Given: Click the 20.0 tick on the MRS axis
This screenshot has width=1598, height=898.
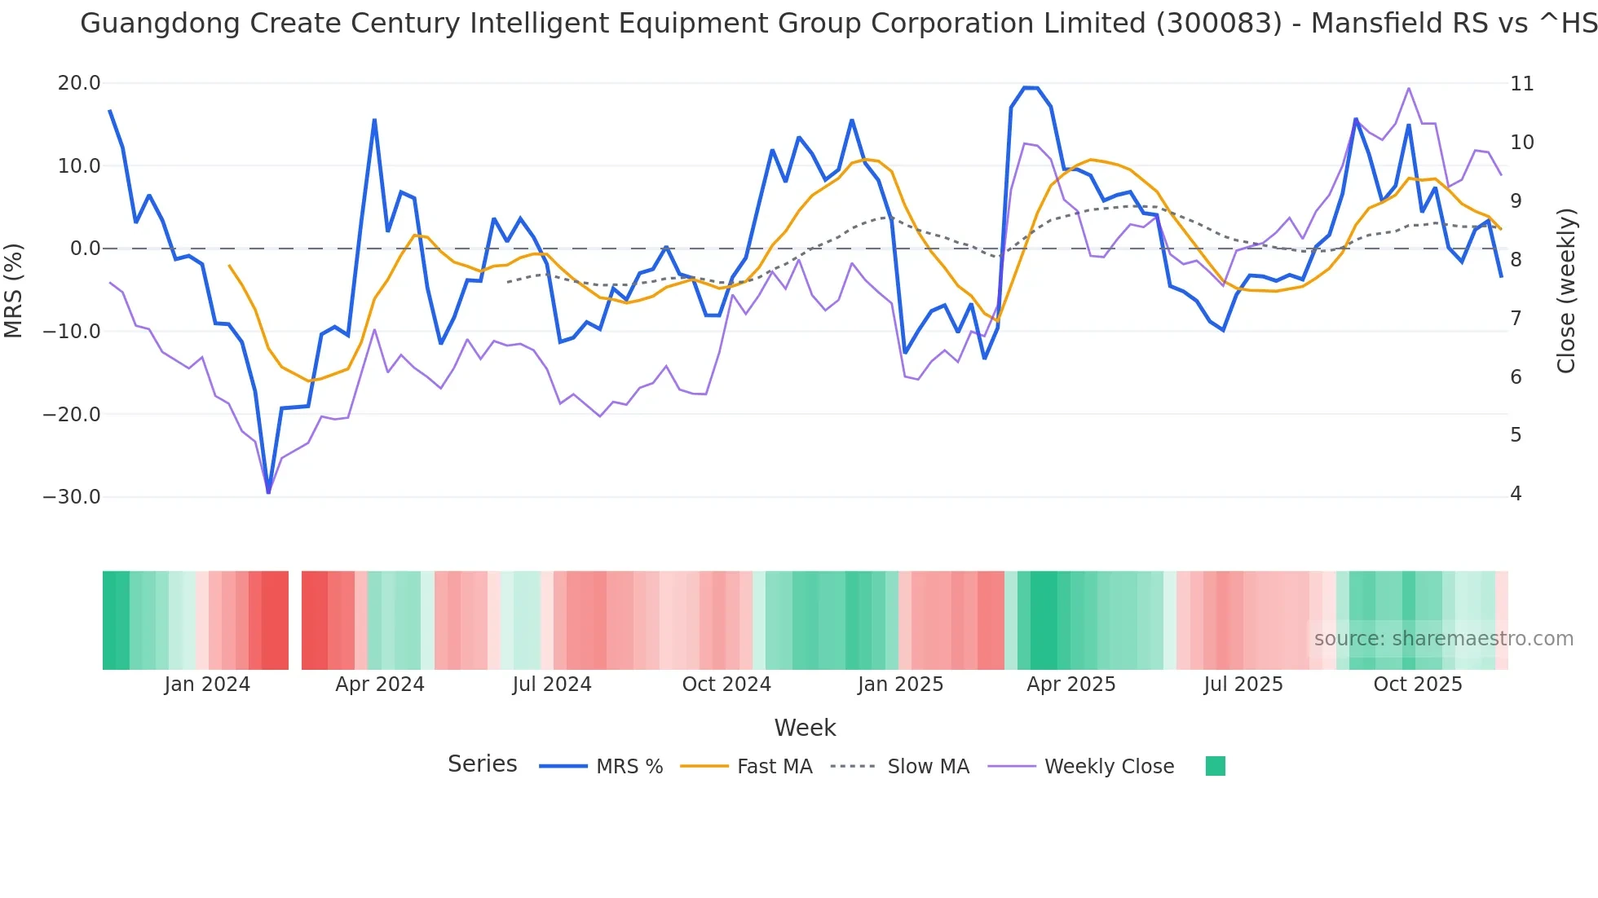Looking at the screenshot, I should [79, 83].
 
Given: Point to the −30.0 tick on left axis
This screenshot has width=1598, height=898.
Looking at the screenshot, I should [72, 497].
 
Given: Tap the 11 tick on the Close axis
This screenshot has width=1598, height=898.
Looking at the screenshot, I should [1521, 84].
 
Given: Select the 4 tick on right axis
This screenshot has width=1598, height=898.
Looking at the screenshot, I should [1516, 494].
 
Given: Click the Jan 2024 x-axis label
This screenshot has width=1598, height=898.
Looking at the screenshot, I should [207, 685].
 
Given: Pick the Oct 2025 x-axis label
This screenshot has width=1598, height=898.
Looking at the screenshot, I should [1418, 685].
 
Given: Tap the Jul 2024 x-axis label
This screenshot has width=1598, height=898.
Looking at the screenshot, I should [552, 685].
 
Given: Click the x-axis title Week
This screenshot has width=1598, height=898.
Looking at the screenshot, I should [805, 728].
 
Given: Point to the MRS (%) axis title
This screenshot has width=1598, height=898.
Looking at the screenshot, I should [14, 290].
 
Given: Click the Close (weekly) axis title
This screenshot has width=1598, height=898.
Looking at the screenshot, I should [1565, 290].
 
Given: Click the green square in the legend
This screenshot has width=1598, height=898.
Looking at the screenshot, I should [1215, 766].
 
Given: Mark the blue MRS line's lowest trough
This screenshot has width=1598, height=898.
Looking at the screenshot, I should [268, 491].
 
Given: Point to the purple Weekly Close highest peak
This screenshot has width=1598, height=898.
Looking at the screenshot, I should [1409, 88].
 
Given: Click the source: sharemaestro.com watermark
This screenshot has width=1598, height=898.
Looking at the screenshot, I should [1443, 639].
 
